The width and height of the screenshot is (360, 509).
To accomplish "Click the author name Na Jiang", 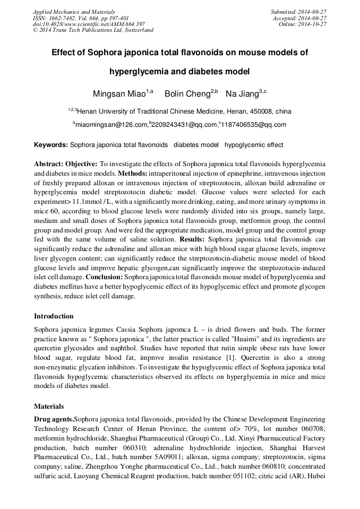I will pos(242,94).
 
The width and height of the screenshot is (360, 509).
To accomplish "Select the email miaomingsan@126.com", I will pos(110,125).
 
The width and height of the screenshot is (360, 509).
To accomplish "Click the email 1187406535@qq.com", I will pos(253,125).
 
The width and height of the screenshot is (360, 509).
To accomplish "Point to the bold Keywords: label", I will pos(51,145).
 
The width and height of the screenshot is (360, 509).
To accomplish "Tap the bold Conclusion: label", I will pos(107,277).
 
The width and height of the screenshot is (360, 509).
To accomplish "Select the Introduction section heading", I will pos(54,316).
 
